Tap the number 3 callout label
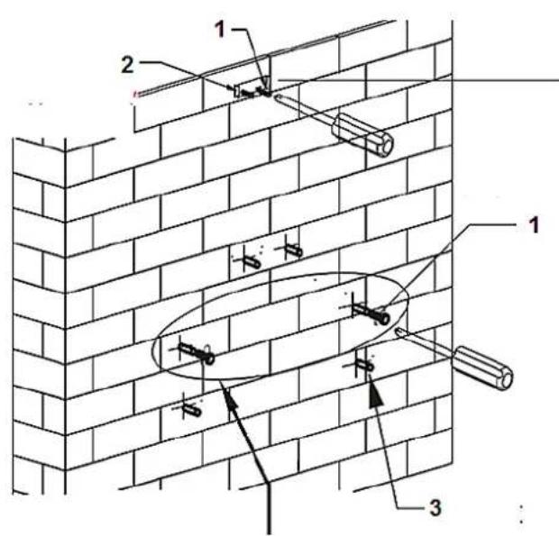[x=436, y=507]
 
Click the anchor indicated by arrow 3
[x=363, y=364]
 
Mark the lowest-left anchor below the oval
[x=191, y=409]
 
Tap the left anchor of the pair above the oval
[x=249, y=261]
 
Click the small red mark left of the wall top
[x=134, y=93]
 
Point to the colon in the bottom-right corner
[x=524, y=518]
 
